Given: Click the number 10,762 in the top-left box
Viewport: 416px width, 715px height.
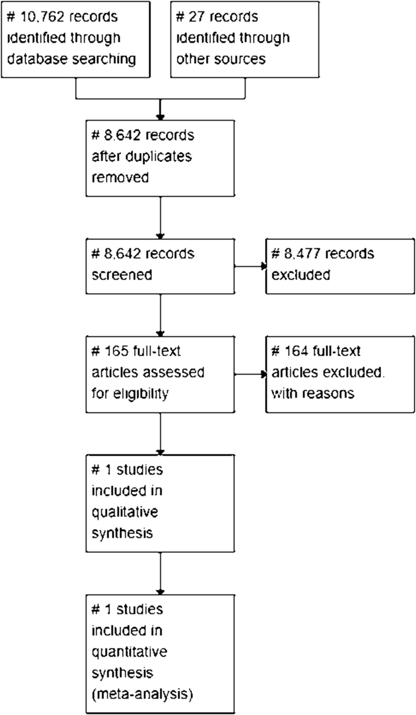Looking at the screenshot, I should pyautogui.click(x=42, y=17).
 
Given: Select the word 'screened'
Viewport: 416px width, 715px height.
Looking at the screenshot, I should pyautogui.click(x=122, y=275).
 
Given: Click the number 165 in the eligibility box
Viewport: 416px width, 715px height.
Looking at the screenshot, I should pyautogui.click(x=116, y=351).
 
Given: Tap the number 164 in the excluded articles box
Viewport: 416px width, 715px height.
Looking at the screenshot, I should pyautogui.click(x=296, y=351).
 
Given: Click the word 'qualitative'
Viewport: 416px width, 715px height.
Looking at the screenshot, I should pyautogui.click(x=125, y=512).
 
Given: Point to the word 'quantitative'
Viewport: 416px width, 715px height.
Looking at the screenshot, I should pyautogui.click(x=129, y=652).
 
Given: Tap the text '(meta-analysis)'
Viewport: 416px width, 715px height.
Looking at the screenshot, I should pyautogui.click(x=142, y=694).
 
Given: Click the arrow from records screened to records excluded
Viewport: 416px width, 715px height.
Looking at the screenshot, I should pyautogui.click(x=250, y=266).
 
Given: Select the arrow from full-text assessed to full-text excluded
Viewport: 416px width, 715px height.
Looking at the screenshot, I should pyautogui.click(x=250, y=374).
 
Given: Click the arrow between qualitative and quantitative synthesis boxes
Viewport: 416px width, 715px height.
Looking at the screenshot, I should pyautogui.click(x=160, y=574).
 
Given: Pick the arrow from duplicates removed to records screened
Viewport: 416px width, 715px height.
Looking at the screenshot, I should pyautogui.click(x=160, y=217).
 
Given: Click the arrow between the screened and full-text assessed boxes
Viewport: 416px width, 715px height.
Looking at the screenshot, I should pyautogui.click(x=160, y=315).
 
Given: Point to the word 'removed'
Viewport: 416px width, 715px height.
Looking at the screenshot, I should pyautogui.click(x=120, y=177).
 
